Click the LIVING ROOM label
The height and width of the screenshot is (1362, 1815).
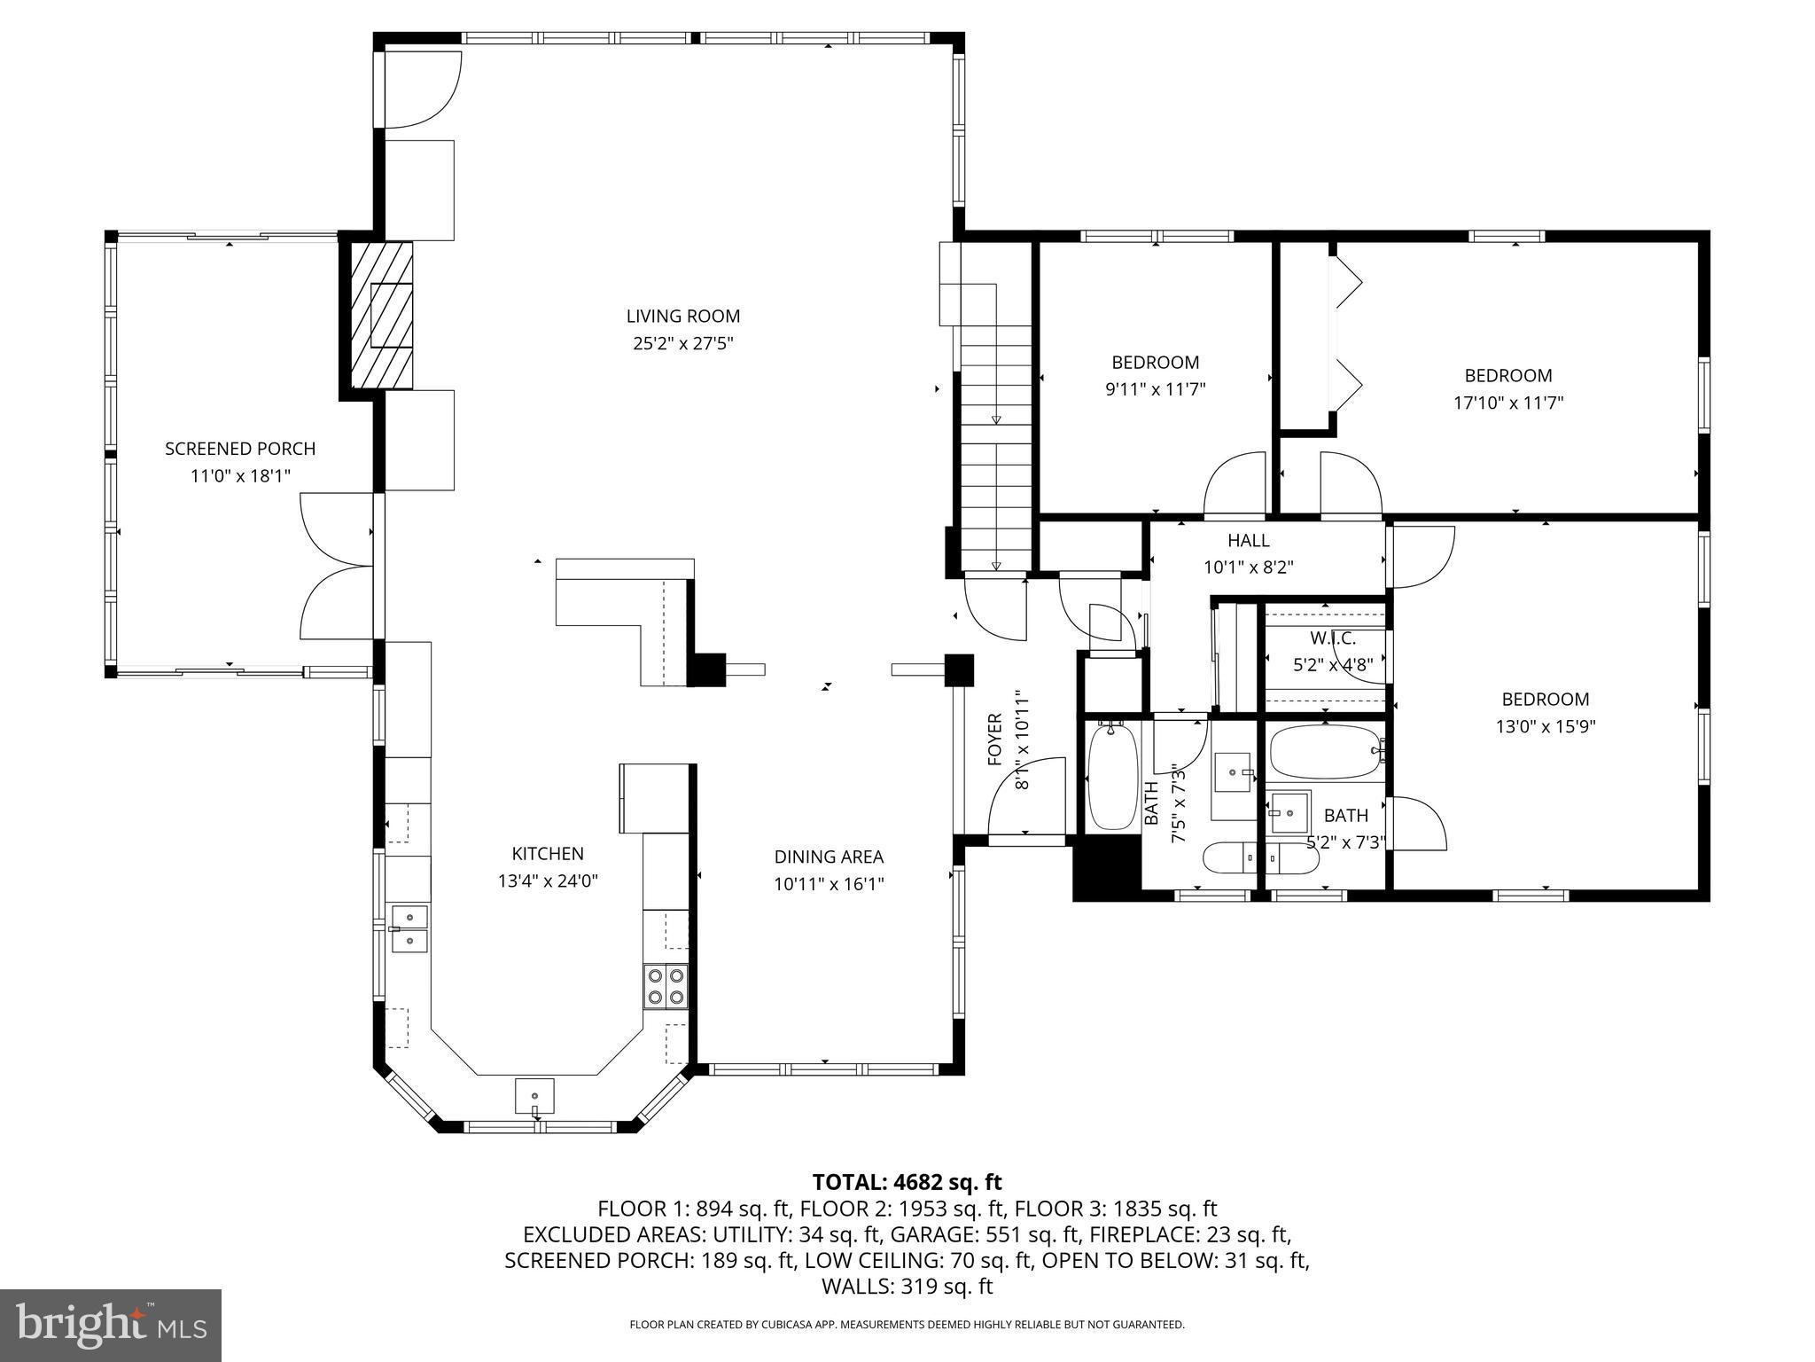[682, 317]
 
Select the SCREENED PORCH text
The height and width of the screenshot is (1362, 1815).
[240, 449]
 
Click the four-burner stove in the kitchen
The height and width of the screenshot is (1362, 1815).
[666, 986]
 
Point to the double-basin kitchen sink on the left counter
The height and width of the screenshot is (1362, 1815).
[409, 928]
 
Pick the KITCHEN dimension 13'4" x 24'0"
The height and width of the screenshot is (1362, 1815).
[548, 881]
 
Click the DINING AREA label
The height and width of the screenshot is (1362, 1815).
[829, 857]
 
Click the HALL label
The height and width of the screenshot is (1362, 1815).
[1248, 540]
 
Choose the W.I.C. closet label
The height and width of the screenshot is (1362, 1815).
[1333, 638]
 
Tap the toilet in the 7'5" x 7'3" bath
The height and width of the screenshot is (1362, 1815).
[1229, 857]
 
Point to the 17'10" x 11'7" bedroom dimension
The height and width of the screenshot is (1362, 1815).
[1507, 403]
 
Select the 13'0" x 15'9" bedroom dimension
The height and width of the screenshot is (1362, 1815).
[1546, 726]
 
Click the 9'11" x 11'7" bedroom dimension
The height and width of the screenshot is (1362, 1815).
[1155, 389]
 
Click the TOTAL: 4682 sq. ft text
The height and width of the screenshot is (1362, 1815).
[907, 1182]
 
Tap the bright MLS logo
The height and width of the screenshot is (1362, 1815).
[111, 1325]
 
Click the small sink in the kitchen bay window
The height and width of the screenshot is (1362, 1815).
[534, 1096]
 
